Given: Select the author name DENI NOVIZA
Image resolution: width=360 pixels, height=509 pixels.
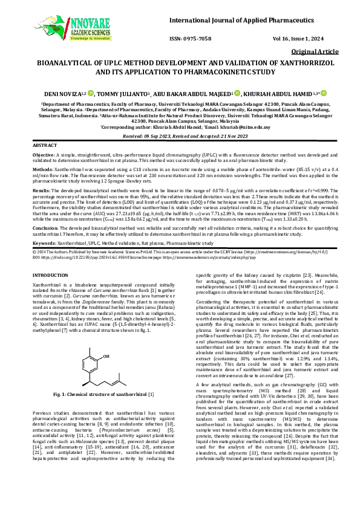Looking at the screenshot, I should pyautogui.click(x=61, y=94).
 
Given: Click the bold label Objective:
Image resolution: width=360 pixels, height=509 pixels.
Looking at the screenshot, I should pyautogui.click(x=44, y=155).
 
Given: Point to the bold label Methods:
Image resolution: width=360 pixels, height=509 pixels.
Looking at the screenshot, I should pyautogui.click(x=42, y=171).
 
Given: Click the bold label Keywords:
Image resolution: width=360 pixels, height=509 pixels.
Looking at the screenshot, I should pyautogui.click(x=44, y=242).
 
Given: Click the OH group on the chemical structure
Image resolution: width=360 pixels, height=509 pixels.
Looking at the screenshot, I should pyautogui.click(x=106, y=340).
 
